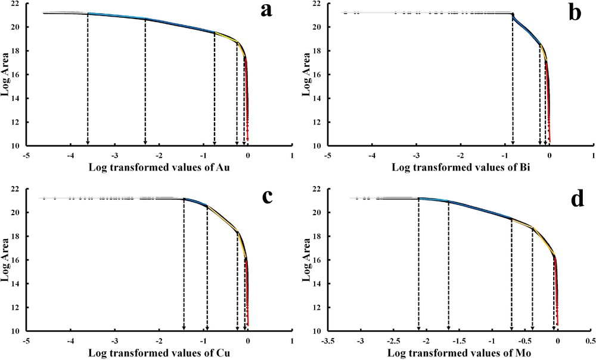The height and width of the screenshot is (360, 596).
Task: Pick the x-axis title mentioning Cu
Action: [159, 353]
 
